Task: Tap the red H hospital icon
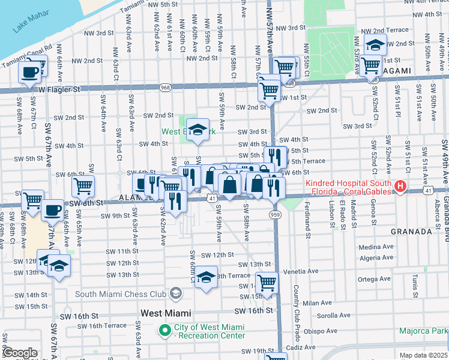pos(401,188)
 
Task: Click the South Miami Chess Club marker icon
pos(176,293)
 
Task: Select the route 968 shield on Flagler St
pos(164,88)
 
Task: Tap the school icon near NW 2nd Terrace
pos(375,45)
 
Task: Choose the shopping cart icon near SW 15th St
pos(267,282)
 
